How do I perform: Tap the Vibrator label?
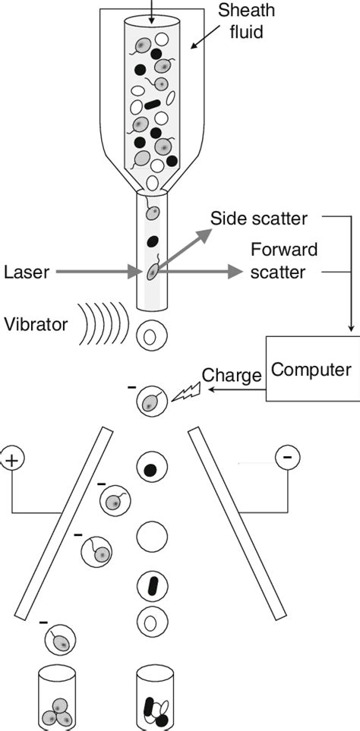[36, 324]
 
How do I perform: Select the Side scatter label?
[259, 219]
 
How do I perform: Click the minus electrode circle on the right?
[286, 457]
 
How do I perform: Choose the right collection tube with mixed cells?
[155, 698]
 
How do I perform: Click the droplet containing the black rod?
[152, 584]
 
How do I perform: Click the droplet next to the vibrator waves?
[152, 333]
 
